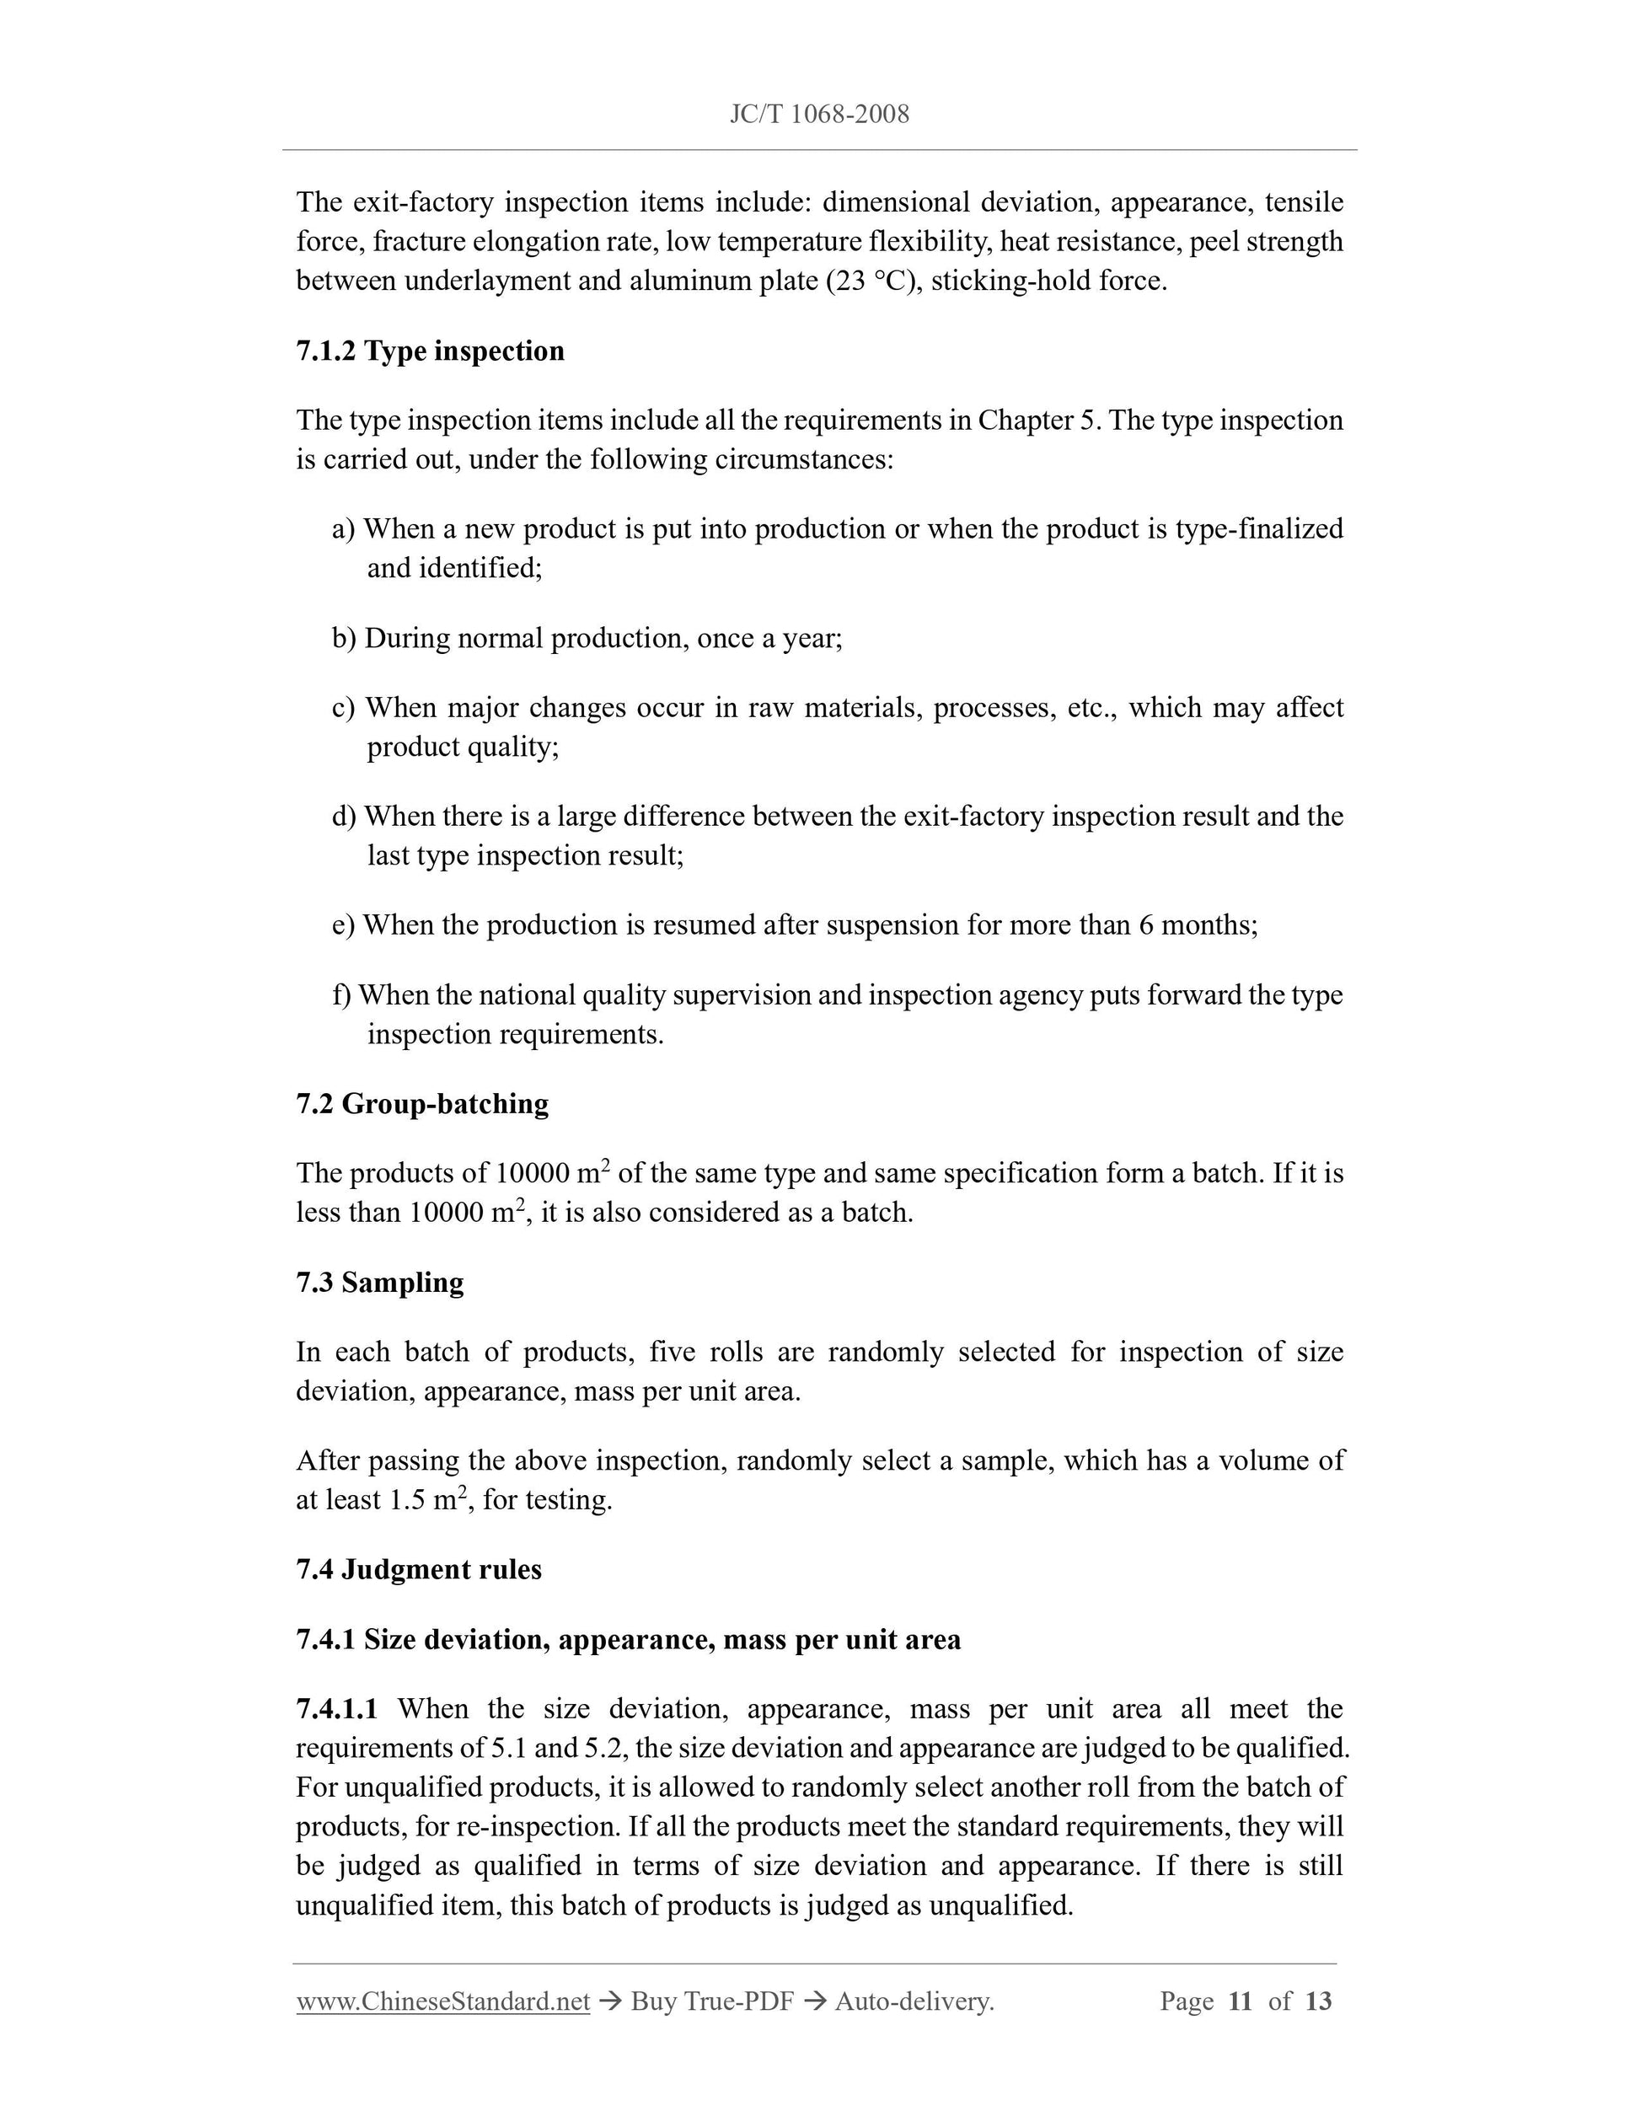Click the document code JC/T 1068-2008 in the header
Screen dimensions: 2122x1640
pos(819,115)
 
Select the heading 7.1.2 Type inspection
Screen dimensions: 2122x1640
pos(430,351)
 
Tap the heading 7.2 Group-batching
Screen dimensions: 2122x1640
pos(421,1104)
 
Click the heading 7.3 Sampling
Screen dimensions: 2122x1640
pos(380,1283)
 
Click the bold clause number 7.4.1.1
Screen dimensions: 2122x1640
pos(337,1709)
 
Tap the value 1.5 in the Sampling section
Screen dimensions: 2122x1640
pos(406,1500)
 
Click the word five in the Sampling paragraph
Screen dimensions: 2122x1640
pos(673,1353)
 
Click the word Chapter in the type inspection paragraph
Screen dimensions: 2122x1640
pos(1023,421)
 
